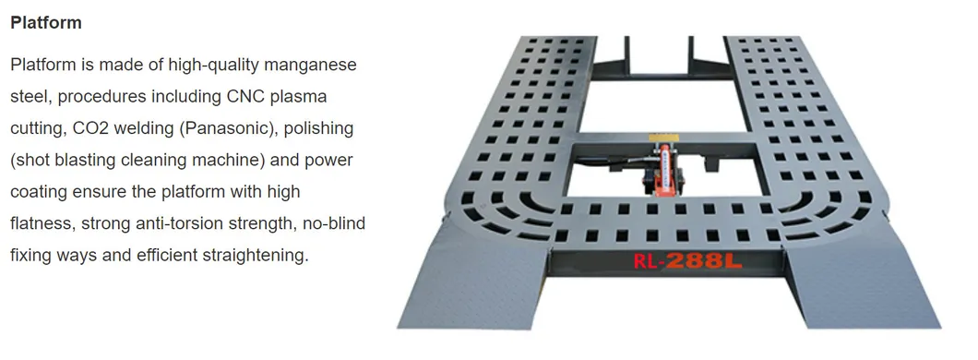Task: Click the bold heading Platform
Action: coord(46,23)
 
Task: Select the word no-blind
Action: coord(334,223)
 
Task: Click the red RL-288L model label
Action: coord(687,260)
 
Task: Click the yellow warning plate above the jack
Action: coord(662,138)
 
